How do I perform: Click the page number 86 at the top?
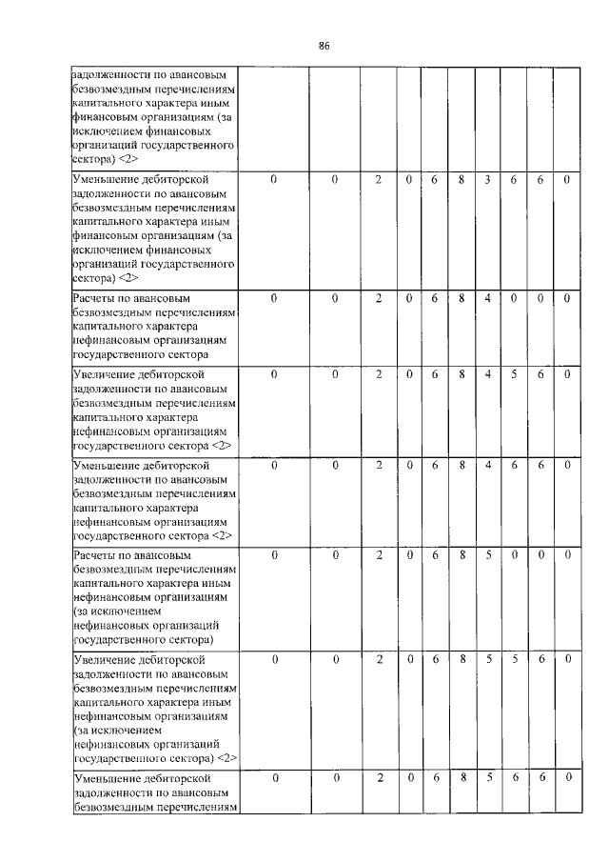coord(324,46)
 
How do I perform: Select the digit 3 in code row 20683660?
coord(486,179)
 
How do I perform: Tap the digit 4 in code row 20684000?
coord(486,298)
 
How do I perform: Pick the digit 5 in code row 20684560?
coord(513,374)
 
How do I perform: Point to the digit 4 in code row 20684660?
coord(486,465)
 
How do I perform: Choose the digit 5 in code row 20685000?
coord(486,553)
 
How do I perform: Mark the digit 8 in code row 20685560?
coord(460,658)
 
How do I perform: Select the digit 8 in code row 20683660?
coord(460,179)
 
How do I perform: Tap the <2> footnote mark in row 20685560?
coord(226,758)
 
